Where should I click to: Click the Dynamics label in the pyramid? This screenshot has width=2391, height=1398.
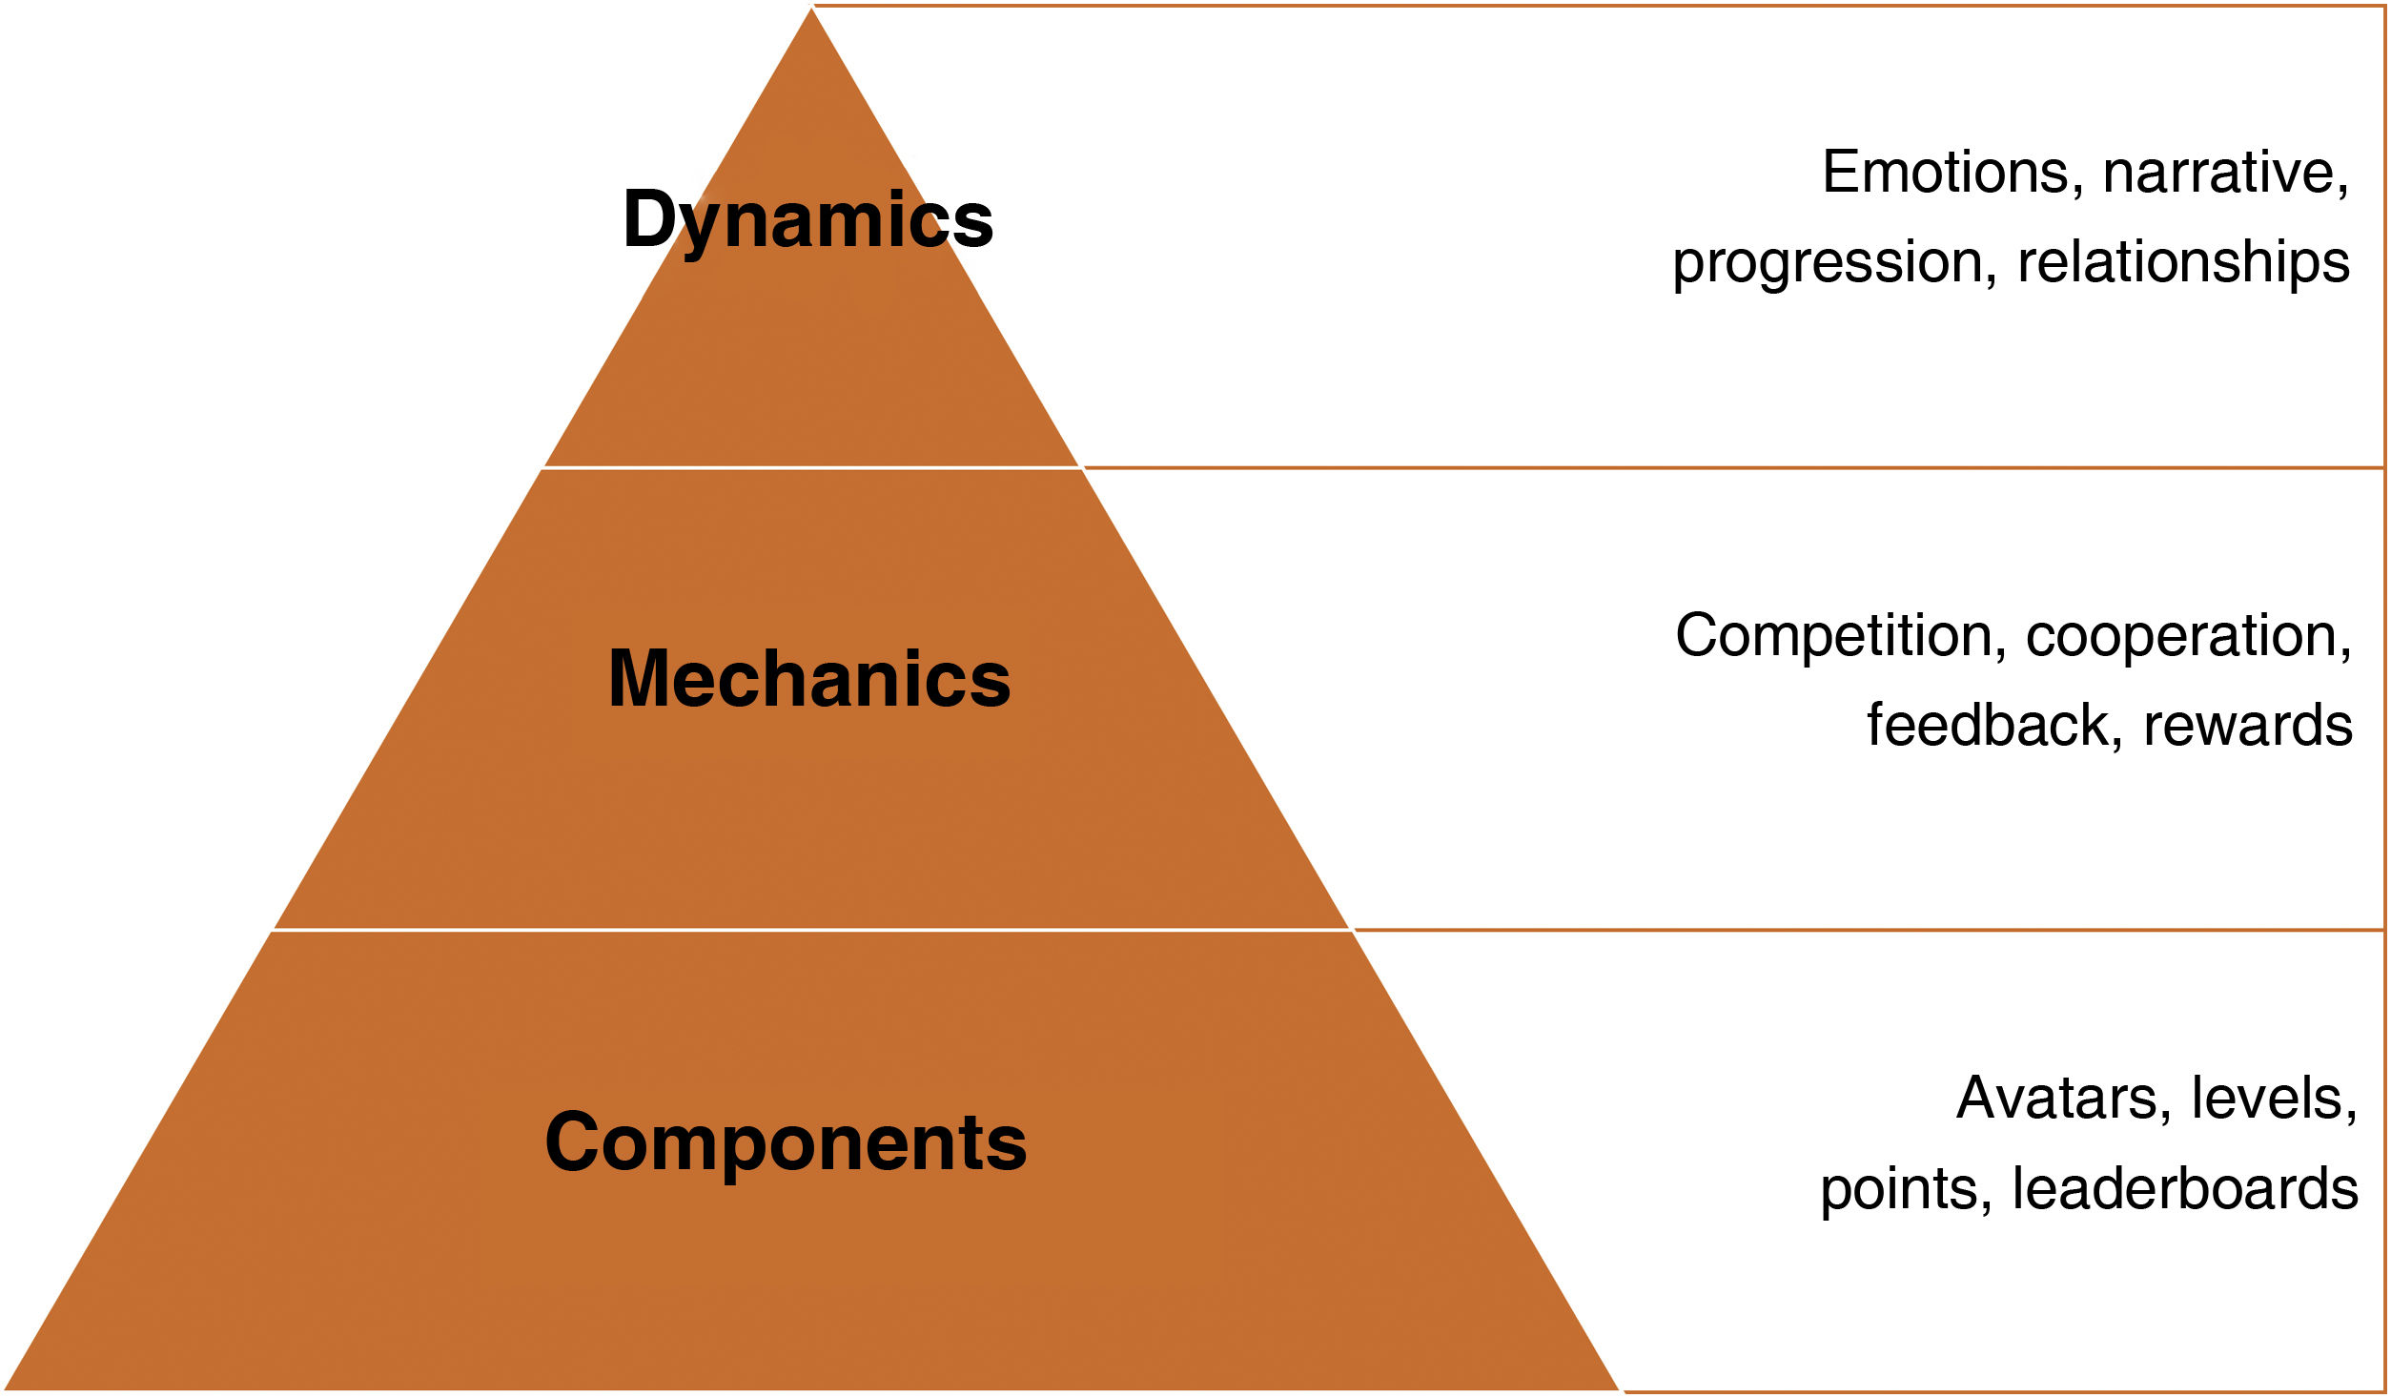(807, 220)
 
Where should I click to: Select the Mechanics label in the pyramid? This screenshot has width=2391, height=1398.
(809, 679)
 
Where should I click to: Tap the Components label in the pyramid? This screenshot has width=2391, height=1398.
(786, 1141)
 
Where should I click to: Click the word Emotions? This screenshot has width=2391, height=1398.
(1946, 173)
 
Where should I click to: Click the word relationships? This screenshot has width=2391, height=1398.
(2183, 263)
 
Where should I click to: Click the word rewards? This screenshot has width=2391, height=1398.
(2248, 727)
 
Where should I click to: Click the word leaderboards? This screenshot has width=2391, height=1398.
(2185, 1189)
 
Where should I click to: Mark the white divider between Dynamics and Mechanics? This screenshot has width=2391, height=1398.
(811, 468)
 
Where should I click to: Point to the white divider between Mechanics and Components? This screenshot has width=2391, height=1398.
(811, 929)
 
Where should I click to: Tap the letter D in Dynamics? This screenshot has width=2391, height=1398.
(651, 219)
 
